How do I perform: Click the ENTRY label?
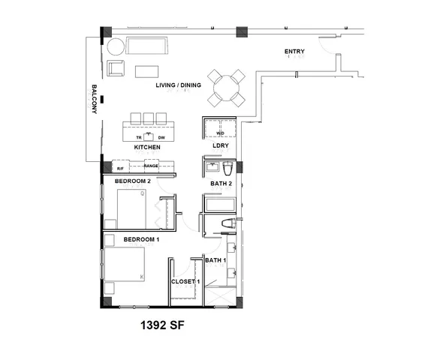click(294, 52)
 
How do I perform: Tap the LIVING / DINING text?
click(178, 85)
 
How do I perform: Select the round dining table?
click(226, 88)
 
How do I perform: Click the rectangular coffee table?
click(146, 71)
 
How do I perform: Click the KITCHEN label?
click(147, 148)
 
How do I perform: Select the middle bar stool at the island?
click(149, 118)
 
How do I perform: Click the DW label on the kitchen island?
click(161, 138)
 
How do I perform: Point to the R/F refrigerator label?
click(119, 168)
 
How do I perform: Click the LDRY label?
click(220, 146)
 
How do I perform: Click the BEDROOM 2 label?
click(133, 181)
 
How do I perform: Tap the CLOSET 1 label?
click(185, 281)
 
